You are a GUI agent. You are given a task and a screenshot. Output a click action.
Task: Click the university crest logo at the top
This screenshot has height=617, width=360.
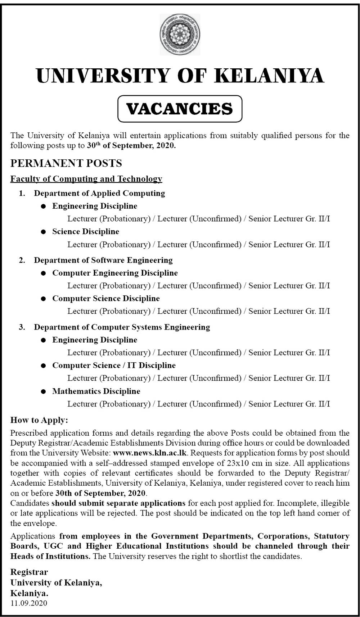tap(180, 35)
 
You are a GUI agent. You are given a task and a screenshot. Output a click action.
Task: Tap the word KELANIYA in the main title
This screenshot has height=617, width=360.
tap(271, 76)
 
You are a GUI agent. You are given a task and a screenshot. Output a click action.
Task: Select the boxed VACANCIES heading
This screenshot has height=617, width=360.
tap(180, 109)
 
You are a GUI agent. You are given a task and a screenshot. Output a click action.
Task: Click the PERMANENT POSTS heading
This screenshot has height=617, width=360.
tap(66, 163)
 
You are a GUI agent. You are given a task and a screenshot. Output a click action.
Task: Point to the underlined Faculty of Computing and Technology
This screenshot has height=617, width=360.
tap(86, 179)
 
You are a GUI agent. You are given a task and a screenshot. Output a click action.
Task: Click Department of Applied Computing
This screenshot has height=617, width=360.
tap(99, 193)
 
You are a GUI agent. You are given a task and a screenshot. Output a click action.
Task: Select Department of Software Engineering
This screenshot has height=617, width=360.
tap(103, 260)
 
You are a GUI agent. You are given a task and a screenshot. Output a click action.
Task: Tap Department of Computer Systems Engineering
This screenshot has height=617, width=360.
tap(122, 327)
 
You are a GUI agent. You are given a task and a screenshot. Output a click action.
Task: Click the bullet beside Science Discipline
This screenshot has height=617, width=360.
tap(44, 232)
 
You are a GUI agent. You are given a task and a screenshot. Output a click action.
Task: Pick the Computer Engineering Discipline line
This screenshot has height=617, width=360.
tap(115, 273)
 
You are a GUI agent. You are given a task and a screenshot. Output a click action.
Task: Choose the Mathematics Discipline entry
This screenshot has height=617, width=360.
tap(96, 391)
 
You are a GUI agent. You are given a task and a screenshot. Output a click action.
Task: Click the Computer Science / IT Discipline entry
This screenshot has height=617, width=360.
tap(114, 366)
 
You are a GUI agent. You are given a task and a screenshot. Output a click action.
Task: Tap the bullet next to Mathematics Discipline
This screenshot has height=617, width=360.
tap(44, 392)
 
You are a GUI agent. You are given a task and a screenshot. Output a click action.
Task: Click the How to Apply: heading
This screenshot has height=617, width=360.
tap(39, 420)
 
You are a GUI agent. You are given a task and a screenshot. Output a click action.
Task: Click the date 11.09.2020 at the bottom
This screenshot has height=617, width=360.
tap(29, 603)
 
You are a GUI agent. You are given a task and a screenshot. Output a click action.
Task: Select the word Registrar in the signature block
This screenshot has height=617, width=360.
tap(29, 572)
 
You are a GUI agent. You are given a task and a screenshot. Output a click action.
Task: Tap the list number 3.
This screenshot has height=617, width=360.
tap(22, 327)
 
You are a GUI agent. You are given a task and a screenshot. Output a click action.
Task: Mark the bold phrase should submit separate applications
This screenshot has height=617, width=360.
tap(118, 503)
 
